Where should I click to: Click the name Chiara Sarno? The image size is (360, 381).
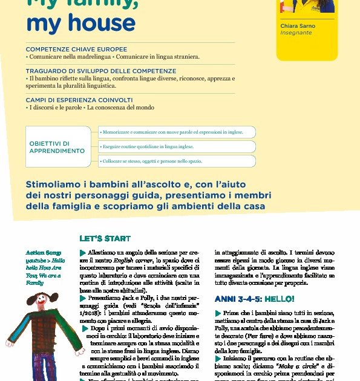point(298,26)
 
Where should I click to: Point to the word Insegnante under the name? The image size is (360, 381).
point(296,33)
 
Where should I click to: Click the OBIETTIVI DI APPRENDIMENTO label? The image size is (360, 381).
point(57,147)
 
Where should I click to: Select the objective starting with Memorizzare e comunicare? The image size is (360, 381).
point(177,132)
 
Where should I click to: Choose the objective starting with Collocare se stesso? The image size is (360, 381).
point(177,161)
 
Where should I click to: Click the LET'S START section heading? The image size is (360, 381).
point(105,239)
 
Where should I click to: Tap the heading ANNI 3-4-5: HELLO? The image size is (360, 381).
point(255,299)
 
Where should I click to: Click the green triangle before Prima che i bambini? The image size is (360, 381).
point(218,313)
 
